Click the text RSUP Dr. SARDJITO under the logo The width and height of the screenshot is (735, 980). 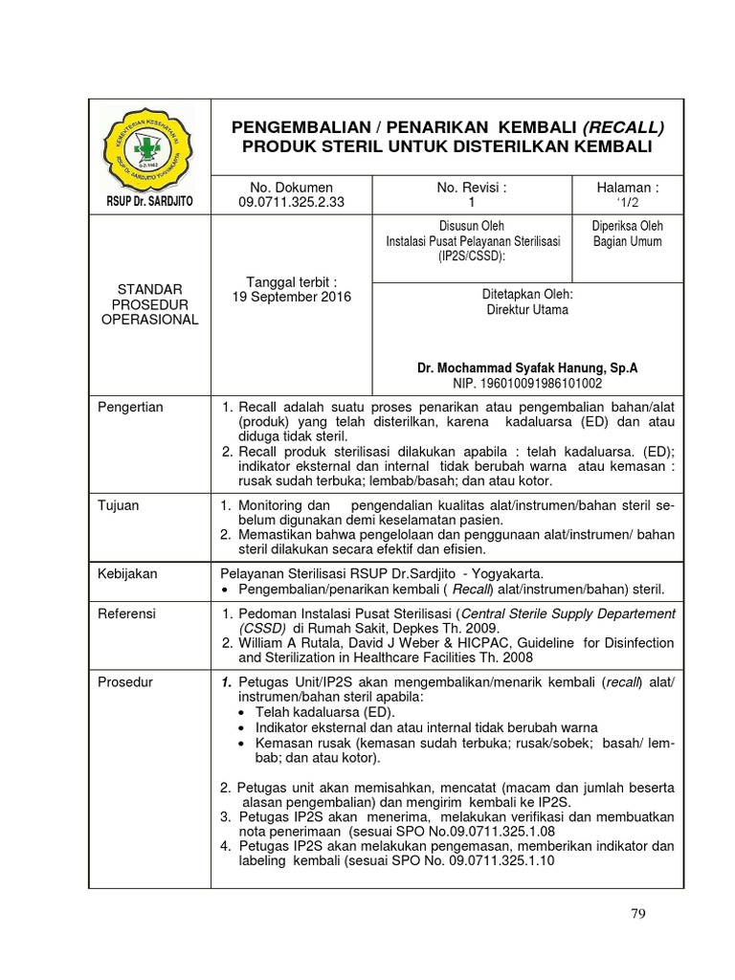pos(146,200)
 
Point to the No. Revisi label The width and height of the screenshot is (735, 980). pos(470,188)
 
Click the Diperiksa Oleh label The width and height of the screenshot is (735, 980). pos(628,226)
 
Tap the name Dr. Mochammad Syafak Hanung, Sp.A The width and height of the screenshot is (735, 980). pos(527,367)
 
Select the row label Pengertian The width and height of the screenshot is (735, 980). pos(131,407)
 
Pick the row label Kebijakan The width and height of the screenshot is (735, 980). pos(127,573)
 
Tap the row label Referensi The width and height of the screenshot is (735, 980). pos(127,613)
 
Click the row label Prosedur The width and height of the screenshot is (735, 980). pos(125,681)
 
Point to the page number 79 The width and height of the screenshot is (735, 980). pos(638,913)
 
